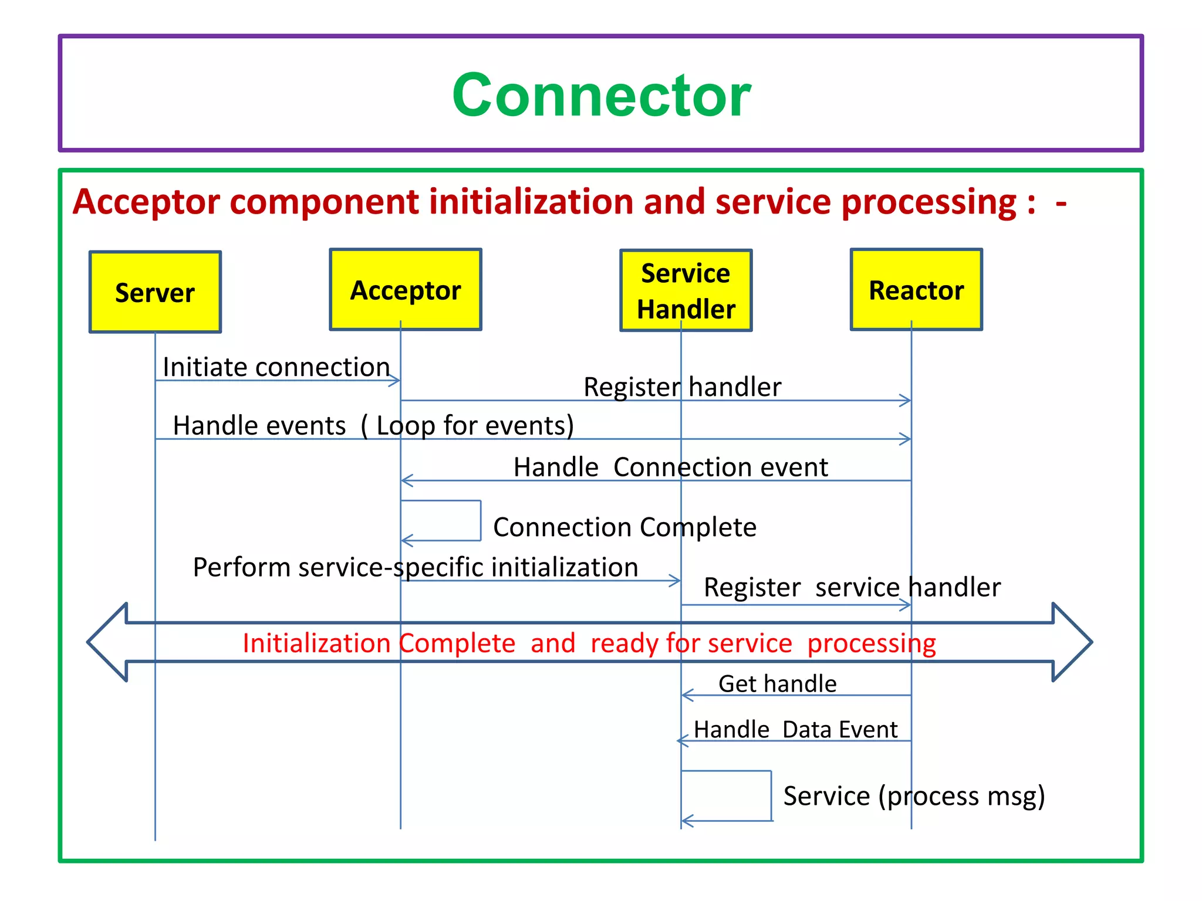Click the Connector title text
[601, 95]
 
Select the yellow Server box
[155, 292]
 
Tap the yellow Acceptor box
[406, 290]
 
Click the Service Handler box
[686, 291]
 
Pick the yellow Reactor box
[916, 290]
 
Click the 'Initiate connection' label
[276, 367]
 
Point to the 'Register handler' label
[682, 387]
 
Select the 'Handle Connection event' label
[670, 468]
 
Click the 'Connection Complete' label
[624, 527]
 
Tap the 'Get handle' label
[777, 684]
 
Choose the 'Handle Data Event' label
[795, 730]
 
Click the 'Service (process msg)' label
[914, 796]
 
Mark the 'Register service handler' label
[852, 587]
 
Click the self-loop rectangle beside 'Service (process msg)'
[727, 795]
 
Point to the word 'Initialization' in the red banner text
[317, 643]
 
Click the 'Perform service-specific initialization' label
[416, 567]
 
